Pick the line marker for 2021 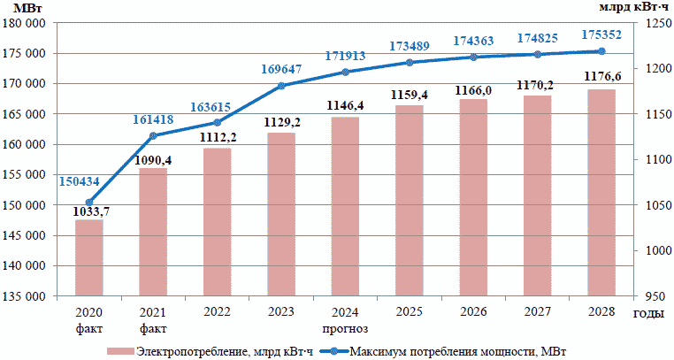(x=153, y=135)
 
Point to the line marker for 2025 (x=410, y=63)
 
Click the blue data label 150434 (x=80, y=181)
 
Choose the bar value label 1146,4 (x=345, y=105)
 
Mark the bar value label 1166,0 (x=473, y=89)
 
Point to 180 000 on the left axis (x=27, y=24)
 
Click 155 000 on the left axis (x=27, y=175)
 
